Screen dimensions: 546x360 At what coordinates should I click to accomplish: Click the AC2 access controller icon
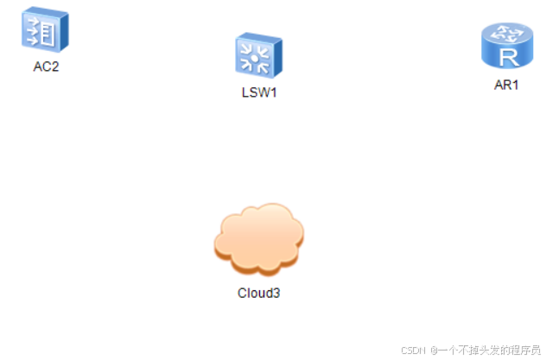pyautogui.click(x=44, y=29)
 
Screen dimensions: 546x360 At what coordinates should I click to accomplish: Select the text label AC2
pyautogui.click(x=46, y=67)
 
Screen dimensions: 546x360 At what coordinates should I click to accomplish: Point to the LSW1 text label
pyautogui.click(x=258, y=92)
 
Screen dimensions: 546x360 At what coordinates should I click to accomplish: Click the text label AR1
pyautogui.click(x=505, y=85)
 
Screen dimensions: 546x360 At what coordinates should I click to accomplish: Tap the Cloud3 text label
pyautogui.click(x=258, y=293)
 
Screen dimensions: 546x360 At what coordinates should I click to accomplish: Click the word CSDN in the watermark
pyautogui.click(x=413, y=350)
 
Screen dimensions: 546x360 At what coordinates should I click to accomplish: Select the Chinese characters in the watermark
pyautogui.click(x=487, y=350)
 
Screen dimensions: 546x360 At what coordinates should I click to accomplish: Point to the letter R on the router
pyautogui.click(x=507, y=57)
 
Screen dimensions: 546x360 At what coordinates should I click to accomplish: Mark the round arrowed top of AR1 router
pyautogui.click(x=506, y=34)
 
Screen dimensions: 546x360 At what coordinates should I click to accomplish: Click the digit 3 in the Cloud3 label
pyautogui.click(x=276, y=293)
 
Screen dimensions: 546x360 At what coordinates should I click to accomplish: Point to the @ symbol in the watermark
pyautogui.click(x=435, y=350)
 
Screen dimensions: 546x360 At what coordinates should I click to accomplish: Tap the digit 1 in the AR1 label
pyautogui.click(x=515, y=85)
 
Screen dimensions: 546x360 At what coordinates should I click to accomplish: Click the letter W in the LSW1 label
pyautogui.click(x=262, y=92)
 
